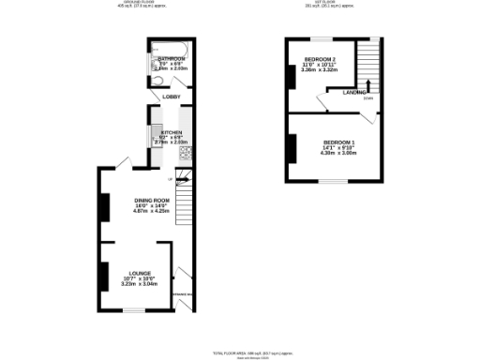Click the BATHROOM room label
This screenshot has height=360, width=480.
point(171,58)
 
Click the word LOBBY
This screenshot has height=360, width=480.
point(172,97)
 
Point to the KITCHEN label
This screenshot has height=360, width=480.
point(172,132)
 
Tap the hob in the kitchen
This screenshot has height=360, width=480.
point(185,152)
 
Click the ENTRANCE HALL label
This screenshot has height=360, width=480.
point(182,296)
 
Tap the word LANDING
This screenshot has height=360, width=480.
point(353,92)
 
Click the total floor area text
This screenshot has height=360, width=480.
point(241,352)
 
